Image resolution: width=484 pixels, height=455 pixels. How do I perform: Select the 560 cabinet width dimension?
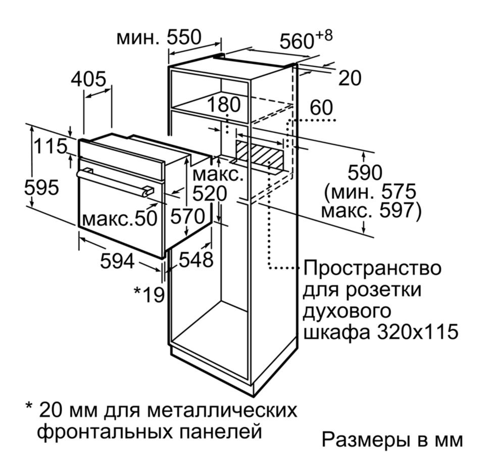click(x=297, y=41)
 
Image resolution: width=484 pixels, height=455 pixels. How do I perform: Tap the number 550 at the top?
click(x=184, y=37)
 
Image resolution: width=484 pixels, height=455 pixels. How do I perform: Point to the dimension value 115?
click(x=51, y=146)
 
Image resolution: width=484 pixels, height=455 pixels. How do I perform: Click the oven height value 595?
click(x=41, y=188)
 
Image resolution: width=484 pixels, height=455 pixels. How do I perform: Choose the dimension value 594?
click(x=118, y=261)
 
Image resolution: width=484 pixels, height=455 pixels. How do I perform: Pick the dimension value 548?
click(x=197, y=259)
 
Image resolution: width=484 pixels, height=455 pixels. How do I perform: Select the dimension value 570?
click(x=187, y=216)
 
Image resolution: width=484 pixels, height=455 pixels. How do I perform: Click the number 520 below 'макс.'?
click(x=210, y=194)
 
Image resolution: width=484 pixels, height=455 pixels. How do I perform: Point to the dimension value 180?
click(x=223, y=105)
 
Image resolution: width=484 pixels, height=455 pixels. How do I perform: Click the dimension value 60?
click(x=321, y=108)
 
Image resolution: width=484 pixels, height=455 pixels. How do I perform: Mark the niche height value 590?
click(x=365, y=173)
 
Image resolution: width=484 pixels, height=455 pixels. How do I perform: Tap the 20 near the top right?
click(x=350, y=78)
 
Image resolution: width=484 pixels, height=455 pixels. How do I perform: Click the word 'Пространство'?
click(x=372, y=268)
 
